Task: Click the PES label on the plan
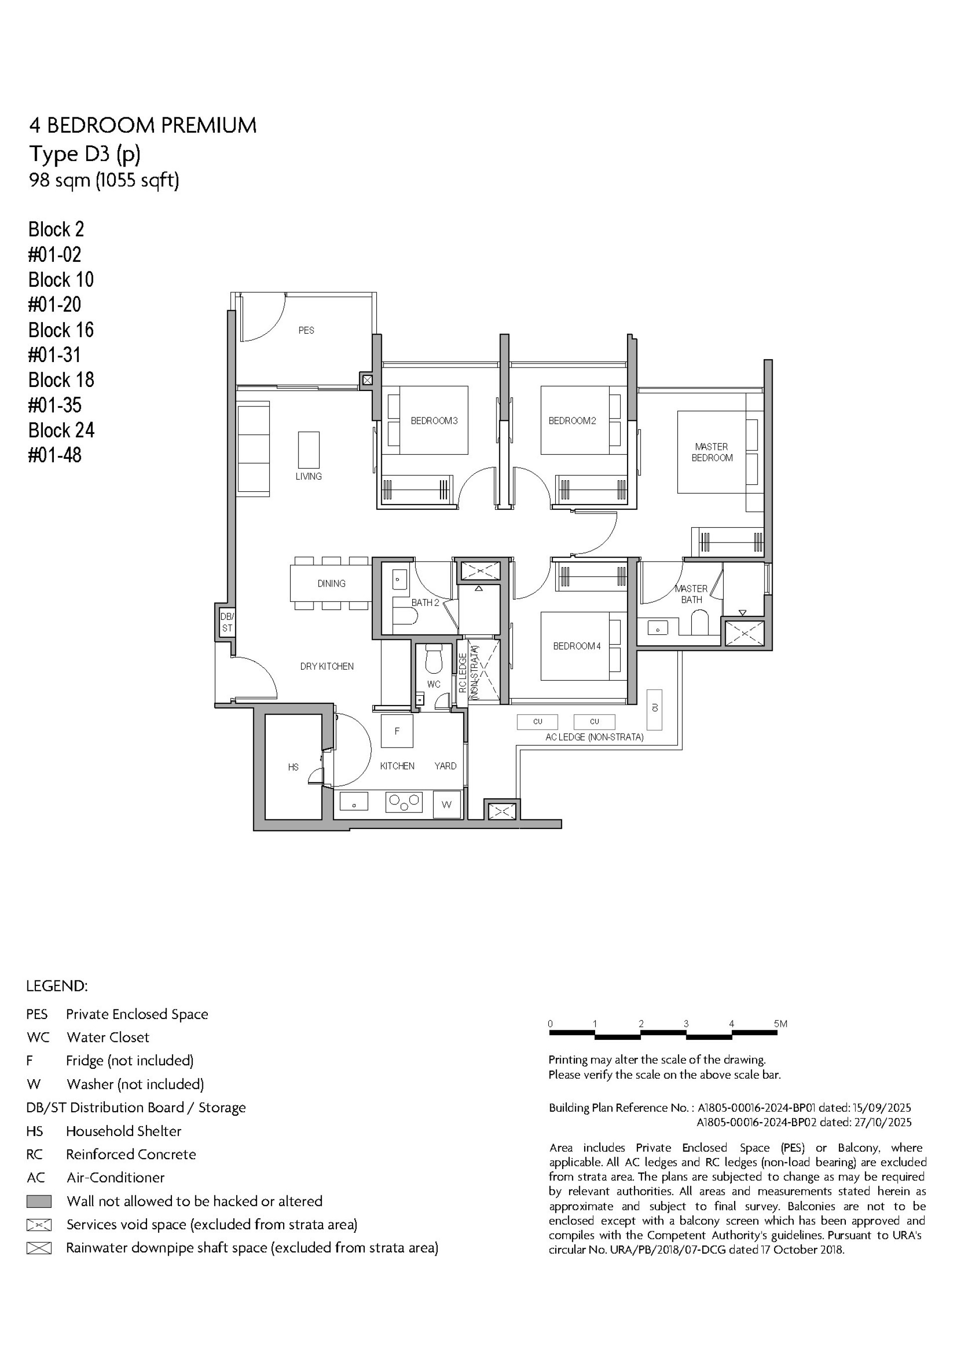306,331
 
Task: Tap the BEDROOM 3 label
434,421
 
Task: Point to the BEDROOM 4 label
576,646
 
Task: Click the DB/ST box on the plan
227,622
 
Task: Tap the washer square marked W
447,804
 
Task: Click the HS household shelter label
293,767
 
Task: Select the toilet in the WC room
434,659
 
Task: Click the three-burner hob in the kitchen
404,802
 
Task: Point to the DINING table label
331,583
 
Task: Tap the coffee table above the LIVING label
309,450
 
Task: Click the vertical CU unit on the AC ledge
654,709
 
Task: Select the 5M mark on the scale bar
781,1024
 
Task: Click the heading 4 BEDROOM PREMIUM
143,126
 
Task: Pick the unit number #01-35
55,405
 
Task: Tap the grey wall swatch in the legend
39,1201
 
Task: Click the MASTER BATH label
691,594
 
